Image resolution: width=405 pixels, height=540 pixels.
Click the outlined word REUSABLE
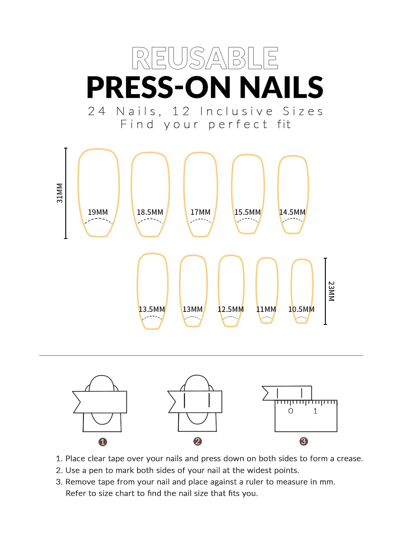click(x=205, y=58)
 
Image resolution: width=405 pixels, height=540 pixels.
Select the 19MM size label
click(x=98, y=212)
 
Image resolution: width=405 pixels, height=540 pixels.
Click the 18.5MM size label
click(x=150, y=212)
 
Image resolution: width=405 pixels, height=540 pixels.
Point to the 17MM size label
click(x=200, y=212)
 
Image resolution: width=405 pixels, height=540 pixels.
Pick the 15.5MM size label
click(x=248, y=212)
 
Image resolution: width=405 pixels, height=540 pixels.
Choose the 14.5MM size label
click(x=292, y=212)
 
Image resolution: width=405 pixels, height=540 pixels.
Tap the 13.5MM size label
click(x=152, y=309)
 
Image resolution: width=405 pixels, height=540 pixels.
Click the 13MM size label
click(x=193, y=309)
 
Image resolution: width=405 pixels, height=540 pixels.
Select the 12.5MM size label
click(x=231, y=309)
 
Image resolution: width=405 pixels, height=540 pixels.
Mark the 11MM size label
click(x=266, y=309)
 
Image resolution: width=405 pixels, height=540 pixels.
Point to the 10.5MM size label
click(x=301, y=309)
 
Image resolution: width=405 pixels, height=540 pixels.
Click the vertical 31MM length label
click(x=60, y=193)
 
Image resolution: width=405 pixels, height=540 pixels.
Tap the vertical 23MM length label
click(x=332, y=291)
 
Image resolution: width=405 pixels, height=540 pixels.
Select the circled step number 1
click(x=103, y=442)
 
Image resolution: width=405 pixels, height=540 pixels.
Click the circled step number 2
click(x=198, y=441)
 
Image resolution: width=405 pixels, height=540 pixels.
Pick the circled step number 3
click(x=303, y=441)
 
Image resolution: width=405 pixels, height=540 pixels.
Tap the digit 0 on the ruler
click(x=291, y=411)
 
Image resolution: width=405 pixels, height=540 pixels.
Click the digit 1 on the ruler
click(x=315, y=411)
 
